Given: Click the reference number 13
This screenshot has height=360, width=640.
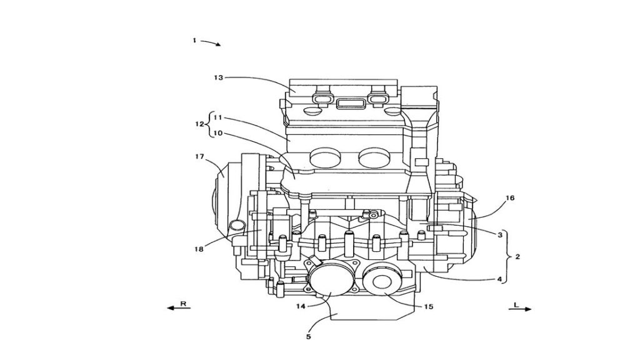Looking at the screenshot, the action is pyautogui.click(x=219, y=77).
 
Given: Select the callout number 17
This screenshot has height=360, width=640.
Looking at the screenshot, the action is pyautogui.click(x=199, y=156).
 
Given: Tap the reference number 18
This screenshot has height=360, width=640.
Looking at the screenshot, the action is pyautogui.click(x=199, y=249).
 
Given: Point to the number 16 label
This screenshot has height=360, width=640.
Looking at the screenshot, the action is pyautogui.click(x=510, y=198).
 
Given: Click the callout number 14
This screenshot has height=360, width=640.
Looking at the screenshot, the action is pyautogui.click(x=301, y=306).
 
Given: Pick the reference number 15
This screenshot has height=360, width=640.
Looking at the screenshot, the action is pyautogui.click(x=429, y=306).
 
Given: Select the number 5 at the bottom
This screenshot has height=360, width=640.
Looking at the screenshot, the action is pyautogui.click(x=309, y=337).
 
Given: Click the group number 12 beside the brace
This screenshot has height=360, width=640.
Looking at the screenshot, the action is pyautogui.click(x=199, y=124).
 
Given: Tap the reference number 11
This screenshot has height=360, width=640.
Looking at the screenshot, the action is pyautogui.click(x=218, y=117).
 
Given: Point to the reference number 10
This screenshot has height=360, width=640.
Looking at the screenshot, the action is pyautogui.click(x=218, y=133).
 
